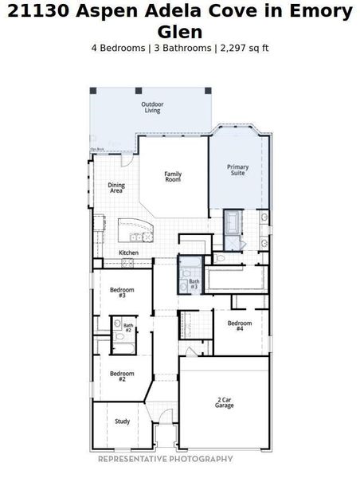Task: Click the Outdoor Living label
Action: tap(151, 108)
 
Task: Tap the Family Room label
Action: tap(173, 177)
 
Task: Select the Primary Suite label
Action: tap(238, 170)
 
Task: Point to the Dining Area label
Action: tap(116, 188)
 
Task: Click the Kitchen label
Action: tap(129, 253)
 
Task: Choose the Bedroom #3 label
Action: tap(122, 292)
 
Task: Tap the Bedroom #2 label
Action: tap(122, 376)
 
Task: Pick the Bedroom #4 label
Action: tap(239, 326)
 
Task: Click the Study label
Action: tap(122, 421)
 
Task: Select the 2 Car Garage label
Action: tap(224, 402)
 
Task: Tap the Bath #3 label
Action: tap(194, 284)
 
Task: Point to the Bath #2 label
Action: tap(128, 327)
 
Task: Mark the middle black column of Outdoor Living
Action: tap(138, 90)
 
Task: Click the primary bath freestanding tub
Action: tap(233, 220)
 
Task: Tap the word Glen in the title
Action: tap(179, 32)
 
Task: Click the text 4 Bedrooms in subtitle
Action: tap(119, 48)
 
